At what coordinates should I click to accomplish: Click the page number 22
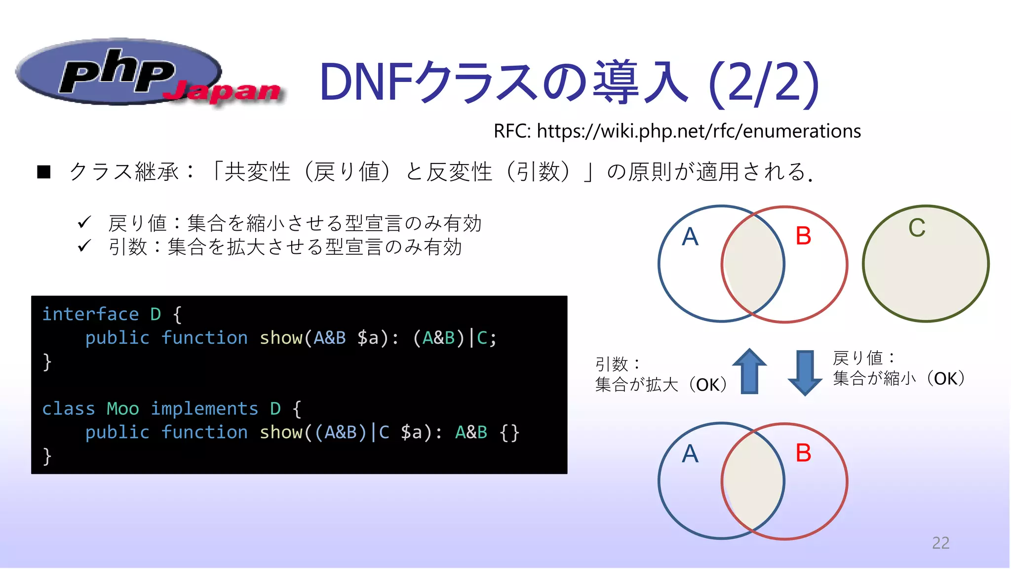[940, 543]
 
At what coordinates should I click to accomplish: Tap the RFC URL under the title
[677, 131]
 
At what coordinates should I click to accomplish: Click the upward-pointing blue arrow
[749, 371]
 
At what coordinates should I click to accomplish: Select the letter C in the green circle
[917, 228]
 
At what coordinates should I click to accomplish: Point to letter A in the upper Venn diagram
[690, 237]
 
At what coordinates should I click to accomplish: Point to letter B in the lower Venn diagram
[803, 453]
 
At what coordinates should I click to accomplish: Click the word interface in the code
[90, 314]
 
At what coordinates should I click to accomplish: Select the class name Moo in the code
[123, 409]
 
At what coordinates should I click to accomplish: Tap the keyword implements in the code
[204, 409]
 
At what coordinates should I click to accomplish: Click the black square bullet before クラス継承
[44, 172]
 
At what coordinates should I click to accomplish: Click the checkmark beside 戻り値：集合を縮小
[84, 223]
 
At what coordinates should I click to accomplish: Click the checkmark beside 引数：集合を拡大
[84, 246]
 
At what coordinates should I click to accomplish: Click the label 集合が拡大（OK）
[661, 385]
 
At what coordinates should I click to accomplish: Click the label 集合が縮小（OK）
[898, 379]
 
